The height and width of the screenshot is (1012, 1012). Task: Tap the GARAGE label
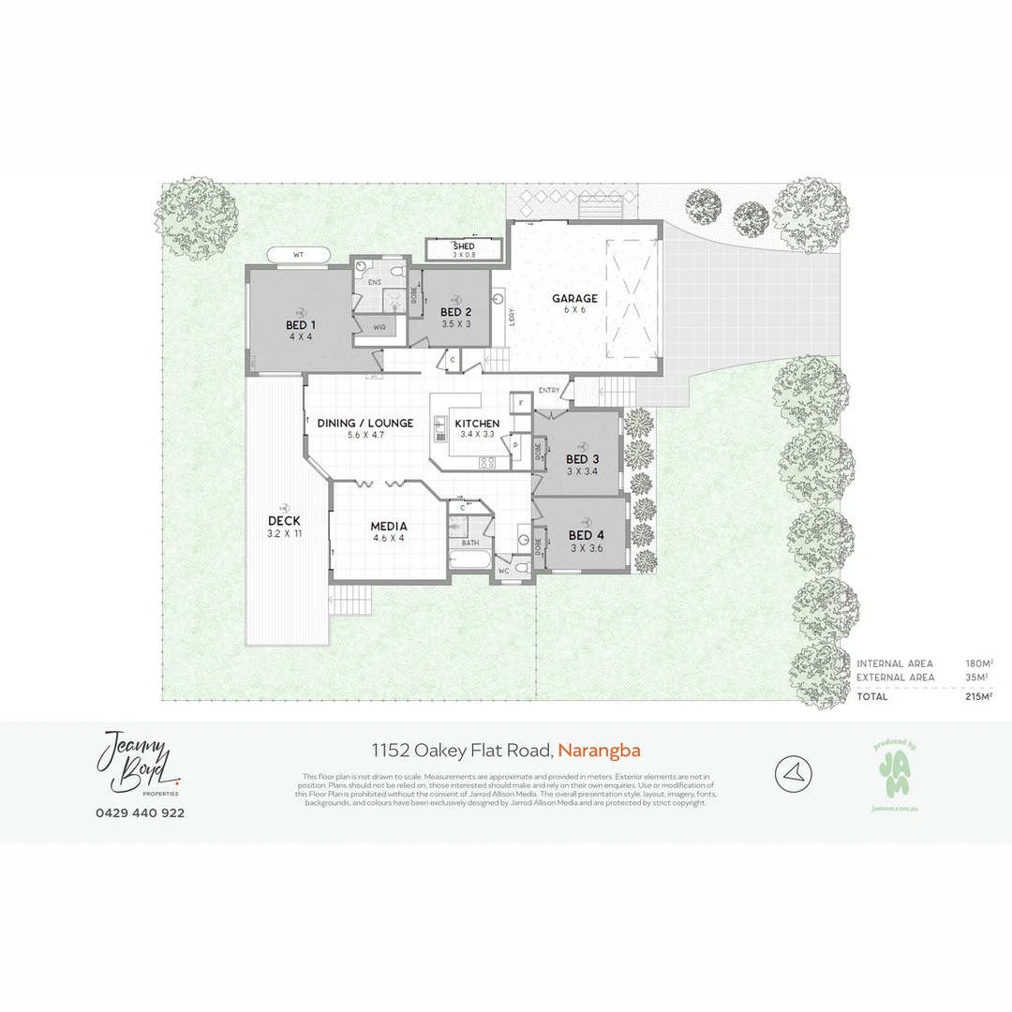coord(574,299)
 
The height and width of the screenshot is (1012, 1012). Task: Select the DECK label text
coord(284,521)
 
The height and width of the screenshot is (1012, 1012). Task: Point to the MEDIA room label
coord(388,527)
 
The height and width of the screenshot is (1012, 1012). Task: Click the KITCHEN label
coord(477,424)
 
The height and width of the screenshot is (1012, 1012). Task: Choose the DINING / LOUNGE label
coord(365,424)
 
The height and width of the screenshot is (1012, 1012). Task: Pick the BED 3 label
coord(582,459)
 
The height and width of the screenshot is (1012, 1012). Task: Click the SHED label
coord(464,246)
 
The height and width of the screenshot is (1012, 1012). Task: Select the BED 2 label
coord(455,312)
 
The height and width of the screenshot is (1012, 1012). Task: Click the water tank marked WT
coord(299,254)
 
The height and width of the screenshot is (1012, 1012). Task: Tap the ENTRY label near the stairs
coord(549,390)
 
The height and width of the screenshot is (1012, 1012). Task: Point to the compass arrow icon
coord(794,774)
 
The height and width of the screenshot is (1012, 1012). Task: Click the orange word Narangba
coord(600,750)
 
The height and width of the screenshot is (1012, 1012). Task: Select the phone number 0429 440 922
coord(141,812)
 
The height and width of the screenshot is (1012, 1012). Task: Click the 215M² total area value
coord(978,697)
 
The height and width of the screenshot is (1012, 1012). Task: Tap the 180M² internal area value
coord(978,663)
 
